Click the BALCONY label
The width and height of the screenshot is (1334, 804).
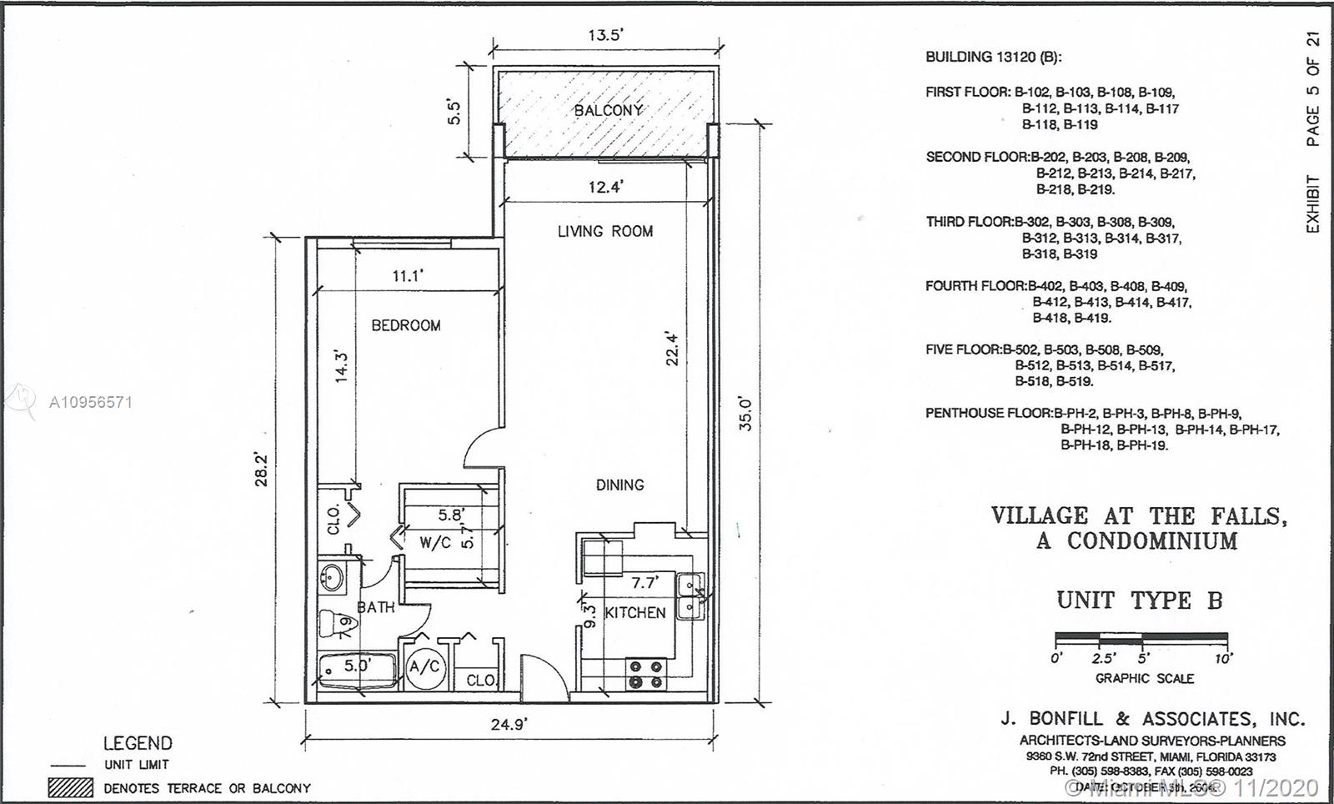608,110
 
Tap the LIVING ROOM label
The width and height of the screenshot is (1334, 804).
605,231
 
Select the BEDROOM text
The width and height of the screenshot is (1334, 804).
406,325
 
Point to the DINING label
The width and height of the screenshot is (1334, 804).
619,485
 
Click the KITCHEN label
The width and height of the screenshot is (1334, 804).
635,612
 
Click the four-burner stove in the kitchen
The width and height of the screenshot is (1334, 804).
645,674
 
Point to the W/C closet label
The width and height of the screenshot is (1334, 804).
435,543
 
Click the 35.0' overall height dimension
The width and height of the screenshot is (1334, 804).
745,414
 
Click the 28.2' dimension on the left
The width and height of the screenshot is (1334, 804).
262,469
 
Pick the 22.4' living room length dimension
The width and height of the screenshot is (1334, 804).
673,349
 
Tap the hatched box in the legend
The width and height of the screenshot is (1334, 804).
70,787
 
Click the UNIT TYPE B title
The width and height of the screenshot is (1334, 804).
1139,600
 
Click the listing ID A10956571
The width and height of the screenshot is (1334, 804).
90,402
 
